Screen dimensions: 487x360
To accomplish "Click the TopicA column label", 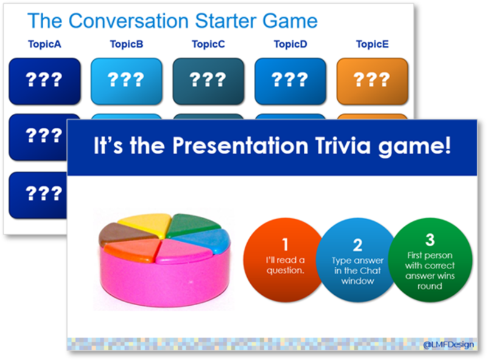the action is (x=44, y=44).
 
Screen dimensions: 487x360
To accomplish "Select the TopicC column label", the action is (x=208, y=44).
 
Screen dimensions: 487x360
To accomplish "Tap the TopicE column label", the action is (x=372, y=44).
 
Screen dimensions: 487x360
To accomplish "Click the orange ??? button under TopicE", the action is (x=372, y=81).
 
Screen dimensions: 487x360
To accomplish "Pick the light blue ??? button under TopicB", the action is (x=127, y=81).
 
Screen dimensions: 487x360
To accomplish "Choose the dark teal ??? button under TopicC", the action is (x=208, y=81).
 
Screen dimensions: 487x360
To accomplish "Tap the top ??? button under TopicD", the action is (x=290, y=81).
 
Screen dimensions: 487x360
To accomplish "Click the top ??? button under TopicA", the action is (x=44, y=81).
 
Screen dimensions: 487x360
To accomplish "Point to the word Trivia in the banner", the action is (x=343, y=145).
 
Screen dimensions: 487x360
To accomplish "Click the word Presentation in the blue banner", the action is (x=240, y=145).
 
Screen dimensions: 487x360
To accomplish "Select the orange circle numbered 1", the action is (x=285, y=260).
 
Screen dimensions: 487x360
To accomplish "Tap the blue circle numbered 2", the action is (x=357, y=260).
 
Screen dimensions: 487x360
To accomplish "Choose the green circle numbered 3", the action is (x=430, y=260).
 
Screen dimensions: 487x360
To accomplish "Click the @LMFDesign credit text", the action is (x=448, y=344).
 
